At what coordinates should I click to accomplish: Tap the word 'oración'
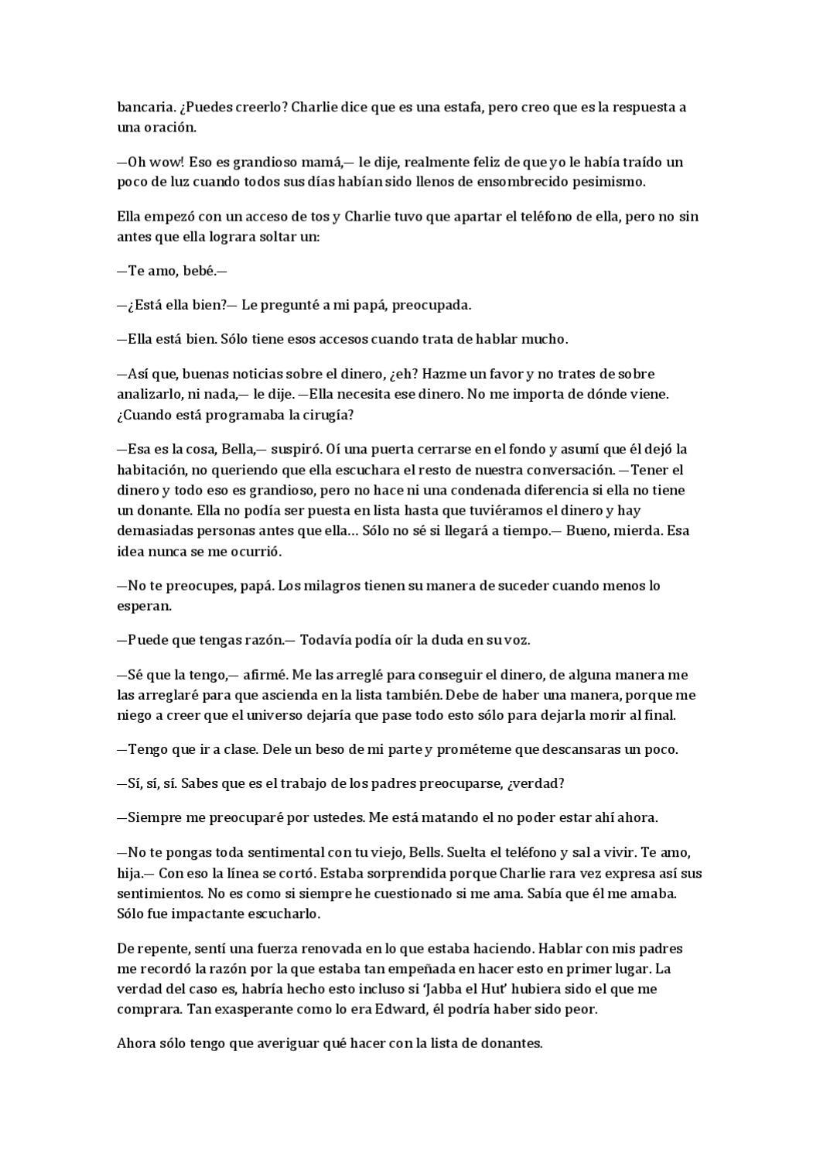pyautogui.click(x=169, y=128)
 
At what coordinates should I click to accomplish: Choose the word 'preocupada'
pyautogui.click(x=431, y=305)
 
